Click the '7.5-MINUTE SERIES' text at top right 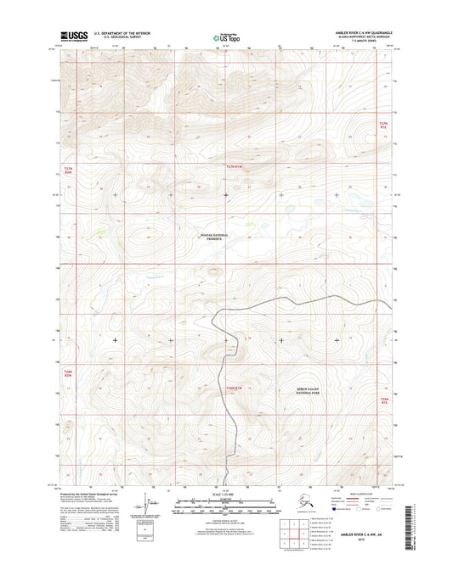tap(358, 43)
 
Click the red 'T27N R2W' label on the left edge tap(70, 171)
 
